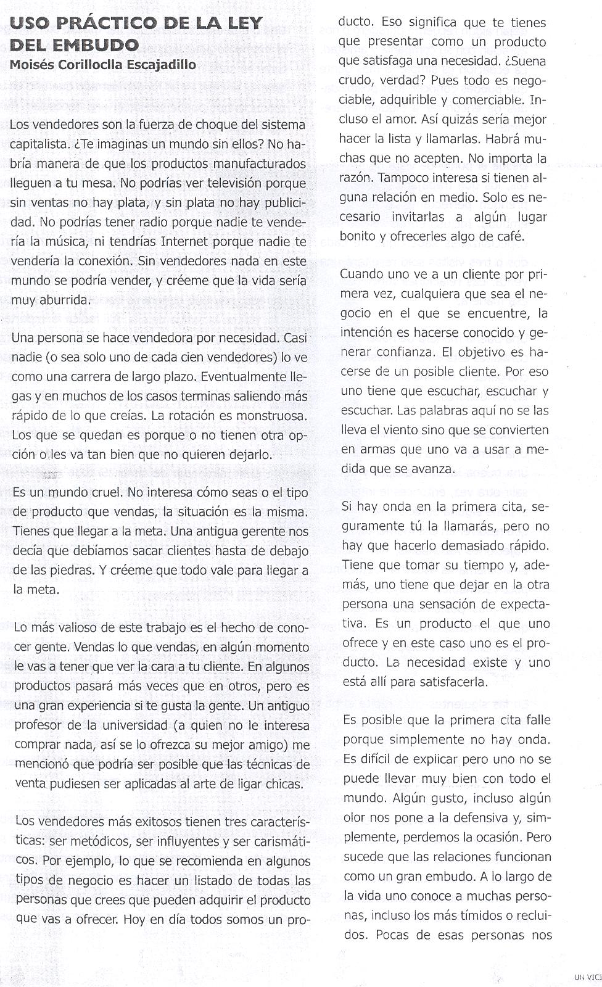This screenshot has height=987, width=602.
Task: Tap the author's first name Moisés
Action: (30, 64)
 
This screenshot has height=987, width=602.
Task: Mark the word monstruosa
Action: (269, 416)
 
